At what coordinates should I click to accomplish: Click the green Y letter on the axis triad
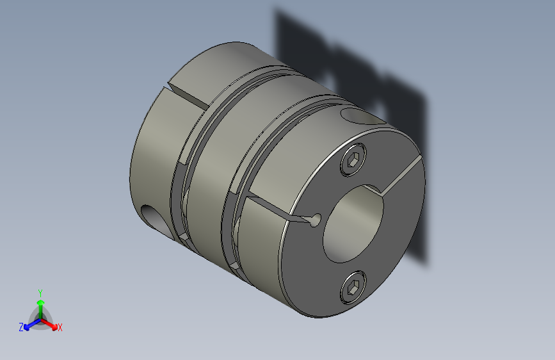pyautogui.click(x=40, y=291)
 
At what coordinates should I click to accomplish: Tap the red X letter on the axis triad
pyautogui.click(x=60, y=327)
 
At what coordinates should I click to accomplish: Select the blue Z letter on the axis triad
pyautogui.click(x=21, y=327)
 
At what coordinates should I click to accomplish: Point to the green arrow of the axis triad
pyautogui.click(x=40, y=304)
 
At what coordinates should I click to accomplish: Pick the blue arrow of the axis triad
pyautogui.click(x=29, y=323)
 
